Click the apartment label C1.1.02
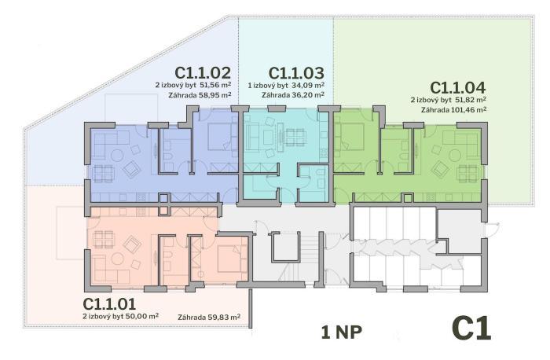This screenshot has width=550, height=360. (203, 72)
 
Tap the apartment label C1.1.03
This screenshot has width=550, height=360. (296, 73)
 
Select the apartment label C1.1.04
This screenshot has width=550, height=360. (458, 87)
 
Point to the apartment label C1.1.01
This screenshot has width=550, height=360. (109, 304)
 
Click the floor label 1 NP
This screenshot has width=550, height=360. (341, 332)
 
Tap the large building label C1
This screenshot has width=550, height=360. (471, 328)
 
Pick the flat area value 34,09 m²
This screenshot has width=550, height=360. (308, 85)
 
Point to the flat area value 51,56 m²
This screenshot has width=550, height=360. (215, 85)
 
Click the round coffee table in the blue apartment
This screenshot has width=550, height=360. (116, 155)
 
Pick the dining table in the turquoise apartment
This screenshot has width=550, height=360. (295, 138)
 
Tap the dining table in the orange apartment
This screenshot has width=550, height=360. (104, 239)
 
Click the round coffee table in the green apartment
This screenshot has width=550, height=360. (455, 155)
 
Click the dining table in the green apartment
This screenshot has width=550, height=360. (468, 174)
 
